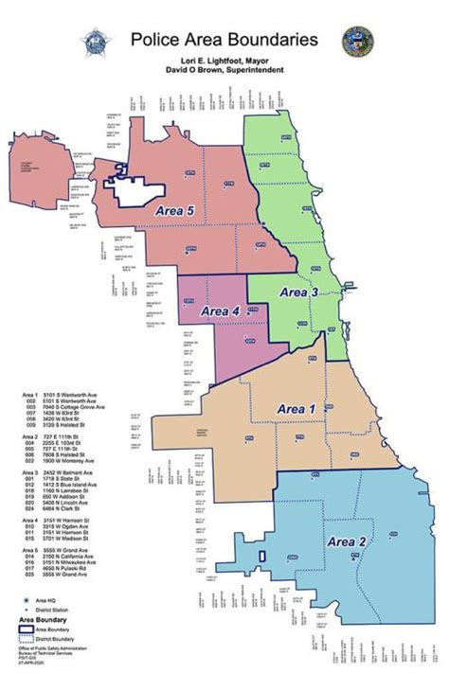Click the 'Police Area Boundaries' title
[236, 40]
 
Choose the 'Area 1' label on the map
[297, 407]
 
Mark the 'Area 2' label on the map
[350, 540]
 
